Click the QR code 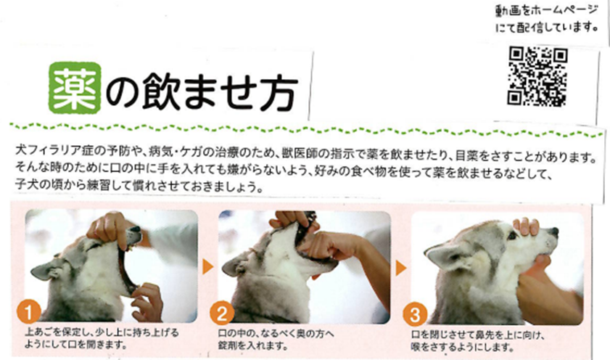(x=537, y=77)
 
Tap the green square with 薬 (x=75, y=88)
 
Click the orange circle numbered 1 (x=29, y=313)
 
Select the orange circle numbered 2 (x=222, y=314)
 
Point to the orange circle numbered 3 (x=415, y=314)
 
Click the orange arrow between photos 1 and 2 (x=208, y=267)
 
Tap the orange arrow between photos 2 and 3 (x=401, y=268)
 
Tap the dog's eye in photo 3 (x=512, y=236)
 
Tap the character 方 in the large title (x=278, y=92)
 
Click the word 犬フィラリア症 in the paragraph (x=55, y=151)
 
